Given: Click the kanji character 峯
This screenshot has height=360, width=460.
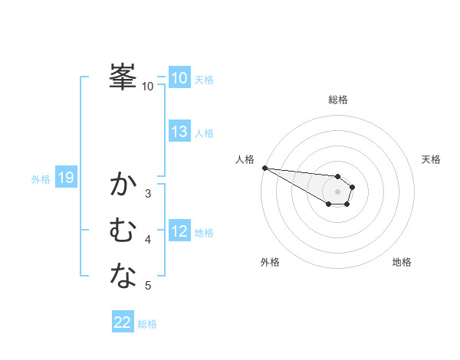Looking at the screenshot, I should [123, 77].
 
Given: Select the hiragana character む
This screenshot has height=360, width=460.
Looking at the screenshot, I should [123, 230].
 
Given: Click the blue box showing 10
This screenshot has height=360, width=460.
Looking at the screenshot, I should [179, 78].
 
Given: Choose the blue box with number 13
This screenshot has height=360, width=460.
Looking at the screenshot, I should [179, 132].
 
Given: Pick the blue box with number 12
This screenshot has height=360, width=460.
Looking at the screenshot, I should [179, 231].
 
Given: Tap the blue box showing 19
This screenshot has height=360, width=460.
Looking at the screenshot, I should [65, 178].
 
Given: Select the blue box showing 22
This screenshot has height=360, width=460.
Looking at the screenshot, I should [123, 322].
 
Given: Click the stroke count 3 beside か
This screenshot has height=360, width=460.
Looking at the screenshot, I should [148, 194].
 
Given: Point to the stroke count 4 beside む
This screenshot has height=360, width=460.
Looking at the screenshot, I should [148, 240].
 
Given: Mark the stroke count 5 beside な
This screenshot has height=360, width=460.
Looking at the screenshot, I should [148, 286].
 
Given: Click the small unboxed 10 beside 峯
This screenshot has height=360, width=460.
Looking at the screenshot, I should [147, 87].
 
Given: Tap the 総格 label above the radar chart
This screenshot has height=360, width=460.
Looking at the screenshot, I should [338, 100].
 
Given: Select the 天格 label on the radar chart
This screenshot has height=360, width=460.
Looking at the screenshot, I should [431, 159].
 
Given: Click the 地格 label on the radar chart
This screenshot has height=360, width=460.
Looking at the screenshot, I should [402, 262].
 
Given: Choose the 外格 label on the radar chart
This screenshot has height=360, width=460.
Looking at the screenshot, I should [270, 262].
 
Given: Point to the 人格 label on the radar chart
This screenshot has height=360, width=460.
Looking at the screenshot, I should [245, 159].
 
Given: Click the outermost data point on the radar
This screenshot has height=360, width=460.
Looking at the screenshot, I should [264, 168].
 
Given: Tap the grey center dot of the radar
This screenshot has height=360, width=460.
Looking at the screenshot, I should [338, 191].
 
